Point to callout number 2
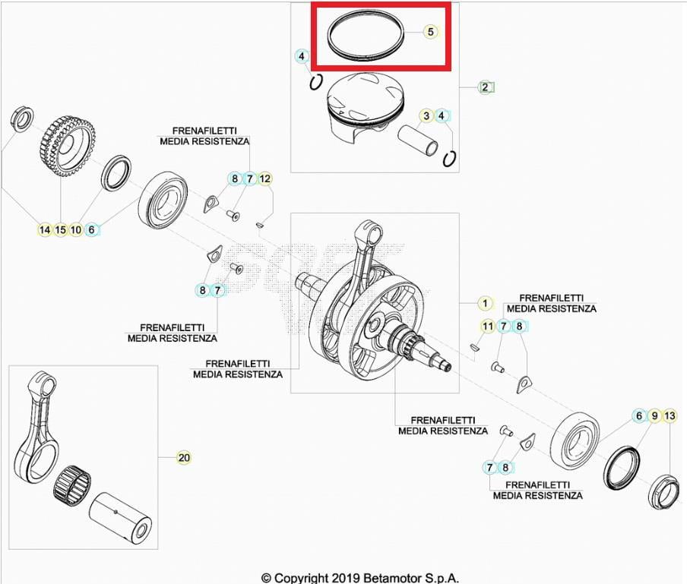click(x=485, y=87)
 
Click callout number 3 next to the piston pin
click(x=427, y=115)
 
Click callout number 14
click(x=45, y=229)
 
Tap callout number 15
click(x=61, y=229)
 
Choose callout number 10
click(x=76, y=229)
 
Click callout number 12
click(x=264, y=179)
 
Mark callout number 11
click(x=488, y=327)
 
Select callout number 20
click(x=184, y=457)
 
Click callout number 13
click(x=669, y=415)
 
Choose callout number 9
click(x=654, y=415)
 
